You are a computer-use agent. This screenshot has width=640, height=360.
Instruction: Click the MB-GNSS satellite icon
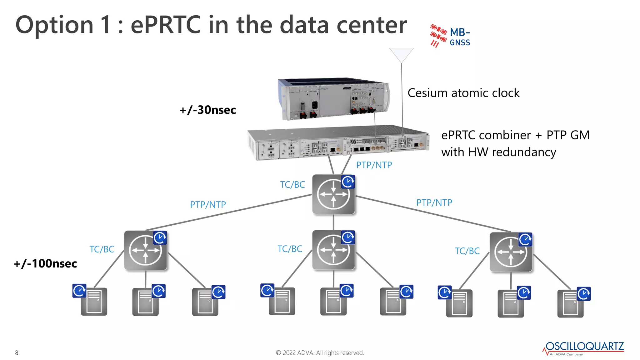point(438,35)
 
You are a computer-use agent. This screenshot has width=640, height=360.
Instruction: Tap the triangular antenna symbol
point(401,55)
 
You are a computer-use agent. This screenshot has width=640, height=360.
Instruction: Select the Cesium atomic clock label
point(463,93)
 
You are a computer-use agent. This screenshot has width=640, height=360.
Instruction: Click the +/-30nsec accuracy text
point(208,110)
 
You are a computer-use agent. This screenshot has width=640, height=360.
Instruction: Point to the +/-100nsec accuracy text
point(46,264)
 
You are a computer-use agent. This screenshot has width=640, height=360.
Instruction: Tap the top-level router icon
point(333,194)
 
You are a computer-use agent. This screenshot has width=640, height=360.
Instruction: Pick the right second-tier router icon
point(511,252)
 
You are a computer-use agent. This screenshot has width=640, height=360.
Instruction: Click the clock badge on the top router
point(348,182)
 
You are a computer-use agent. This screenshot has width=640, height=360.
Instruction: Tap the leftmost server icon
point(94,302)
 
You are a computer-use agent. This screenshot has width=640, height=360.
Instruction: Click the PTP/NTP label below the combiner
point(374,165)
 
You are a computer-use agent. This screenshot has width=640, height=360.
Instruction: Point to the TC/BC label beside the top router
point(292,185)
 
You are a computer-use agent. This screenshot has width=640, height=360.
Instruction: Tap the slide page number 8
point(17,353)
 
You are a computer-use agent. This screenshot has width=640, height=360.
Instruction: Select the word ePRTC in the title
point(165,25)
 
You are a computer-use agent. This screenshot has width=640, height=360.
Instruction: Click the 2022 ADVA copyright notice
point(320,353)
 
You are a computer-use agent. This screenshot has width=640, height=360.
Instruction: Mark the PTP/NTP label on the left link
point(208,205)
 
